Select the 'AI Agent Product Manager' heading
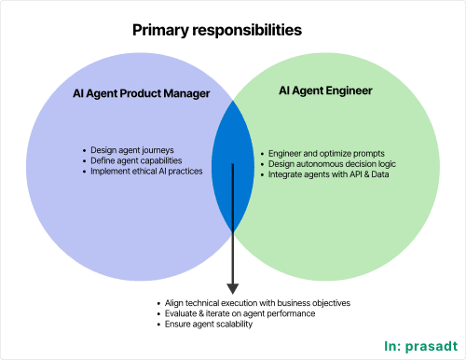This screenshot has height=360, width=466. coord(140,94)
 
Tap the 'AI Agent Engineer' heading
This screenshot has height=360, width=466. coord(325,90)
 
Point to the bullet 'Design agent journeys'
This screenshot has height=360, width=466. coord(132,150)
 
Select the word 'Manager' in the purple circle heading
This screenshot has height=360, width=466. coord(186,94)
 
